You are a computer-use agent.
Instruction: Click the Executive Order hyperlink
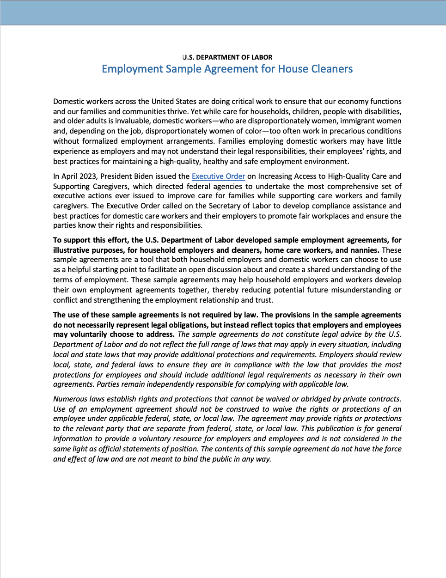pos(218,176)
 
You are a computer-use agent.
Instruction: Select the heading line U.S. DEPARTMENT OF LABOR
pos(227,57)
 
